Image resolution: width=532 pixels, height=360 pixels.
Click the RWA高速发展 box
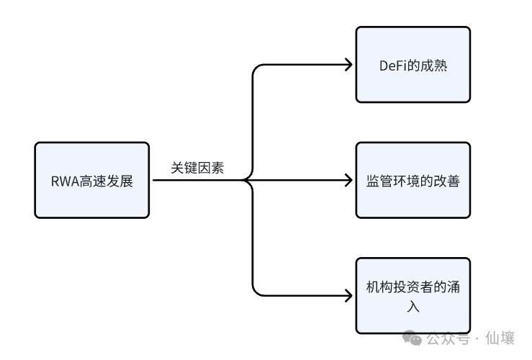[x=92, y=180]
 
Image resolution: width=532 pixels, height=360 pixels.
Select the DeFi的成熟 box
[x=412, y=65]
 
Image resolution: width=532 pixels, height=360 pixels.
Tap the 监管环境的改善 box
[x=412, y=180]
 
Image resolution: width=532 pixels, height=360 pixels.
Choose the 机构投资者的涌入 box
[x=412, y=295]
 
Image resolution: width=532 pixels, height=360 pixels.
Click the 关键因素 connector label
[x=197, y=168]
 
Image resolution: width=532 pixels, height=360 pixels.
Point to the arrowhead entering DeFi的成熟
[x=348, y=65]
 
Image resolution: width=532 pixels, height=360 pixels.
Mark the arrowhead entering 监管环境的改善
[x=348, y=180]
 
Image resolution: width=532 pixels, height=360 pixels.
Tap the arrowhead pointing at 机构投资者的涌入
[x=348, y=295]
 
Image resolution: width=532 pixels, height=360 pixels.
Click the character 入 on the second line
[x=413, y=305]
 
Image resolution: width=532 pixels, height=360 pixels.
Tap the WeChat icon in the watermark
[x=412, y=338]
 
